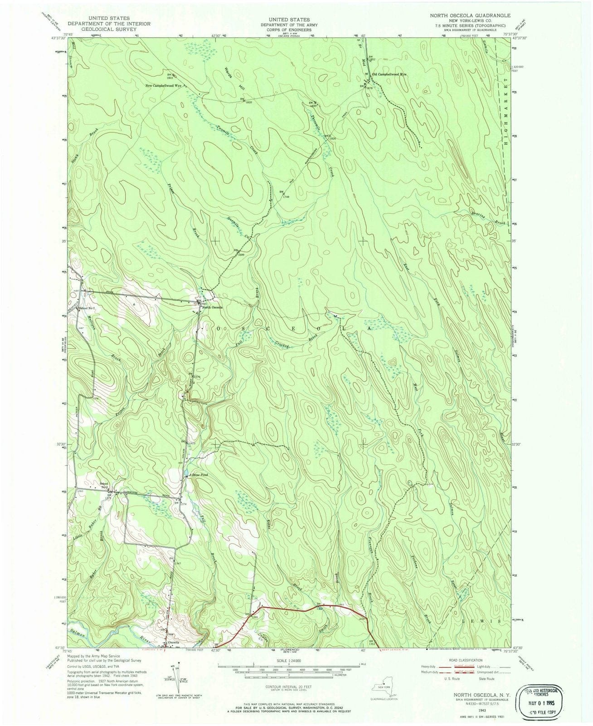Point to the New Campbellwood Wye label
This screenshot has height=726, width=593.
point(164,85)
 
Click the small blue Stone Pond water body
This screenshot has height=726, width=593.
point(186,476)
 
